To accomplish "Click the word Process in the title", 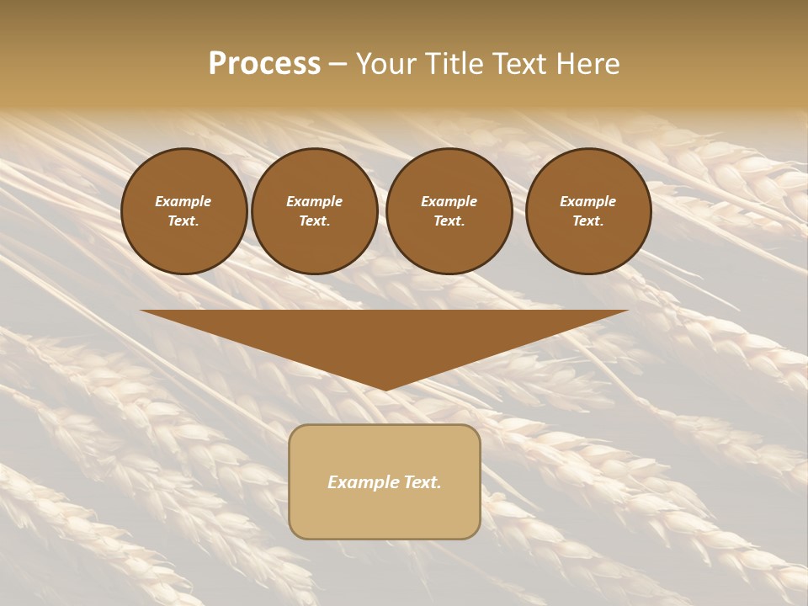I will pos(264,64).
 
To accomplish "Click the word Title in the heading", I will pos(454,64).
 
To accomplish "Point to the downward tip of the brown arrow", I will pos(385,388).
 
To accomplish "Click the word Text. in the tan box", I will pos(423,482).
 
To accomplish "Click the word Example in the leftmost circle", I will pos(183,201).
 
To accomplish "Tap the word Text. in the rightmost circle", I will pos(587,221).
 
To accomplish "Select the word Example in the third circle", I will pos(449,201).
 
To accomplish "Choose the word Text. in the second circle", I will pos(314,221).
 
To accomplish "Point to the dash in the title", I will pos(338,64).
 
